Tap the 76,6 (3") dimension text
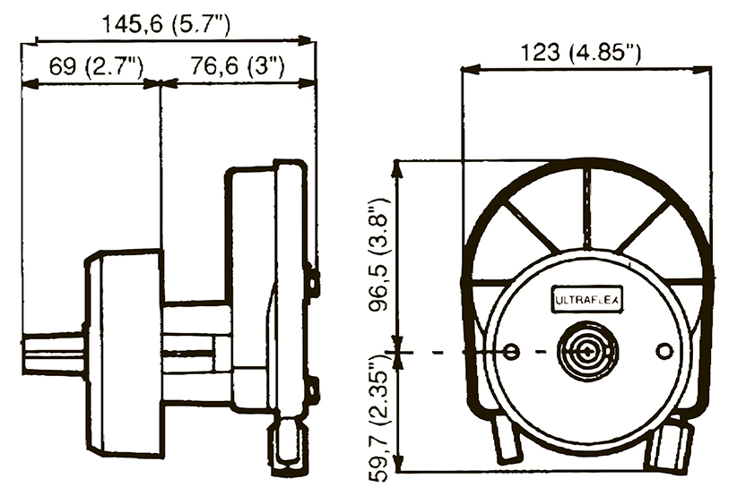[x=238, y=65]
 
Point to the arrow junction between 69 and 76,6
[x=160, y=83]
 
